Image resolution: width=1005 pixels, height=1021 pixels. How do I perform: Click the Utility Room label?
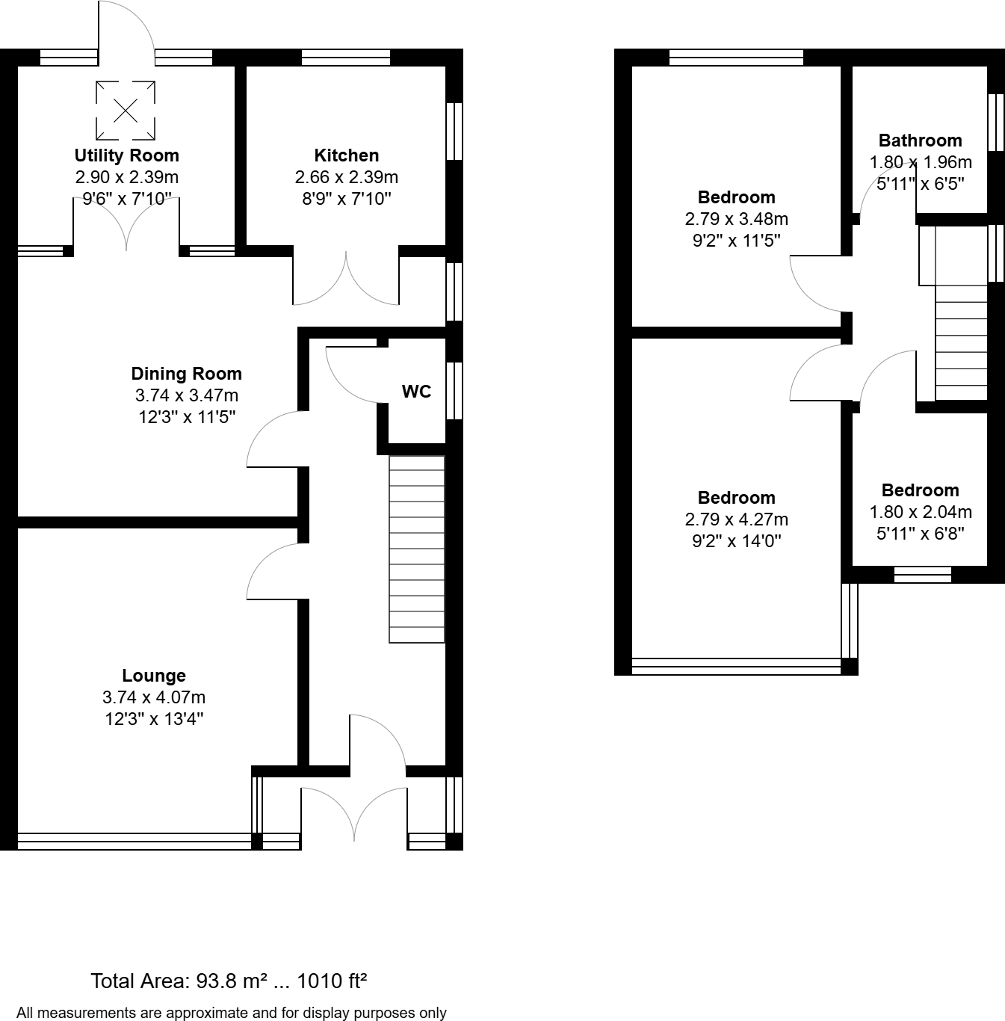click(x=126, y=155)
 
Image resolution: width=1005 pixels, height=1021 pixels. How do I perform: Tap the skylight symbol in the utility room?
click(x=126, y=111)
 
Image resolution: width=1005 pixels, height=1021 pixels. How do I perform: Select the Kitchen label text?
click(x=346, y=155)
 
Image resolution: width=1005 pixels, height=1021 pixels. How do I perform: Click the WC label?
click(x=416, y=392)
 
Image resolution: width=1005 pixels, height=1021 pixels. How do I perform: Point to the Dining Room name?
click(x=186, y=374)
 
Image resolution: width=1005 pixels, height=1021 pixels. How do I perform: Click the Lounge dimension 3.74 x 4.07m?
click(x=154, y=697)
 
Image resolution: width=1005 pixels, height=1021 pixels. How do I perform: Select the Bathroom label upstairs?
click(x=920, y=141)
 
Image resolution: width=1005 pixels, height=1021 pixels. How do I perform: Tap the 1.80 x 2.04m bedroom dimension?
click(x=920, y=512)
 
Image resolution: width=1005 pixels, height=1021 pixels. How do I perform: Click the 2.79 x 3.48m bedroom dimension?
click(x=736, y=219)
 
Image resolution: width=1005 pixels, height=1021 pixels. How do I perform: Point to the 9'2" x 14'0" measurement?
click(x=736, y=540)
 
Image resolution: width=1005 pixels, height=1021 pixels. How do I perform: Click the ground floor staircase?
click(x=417, y=549)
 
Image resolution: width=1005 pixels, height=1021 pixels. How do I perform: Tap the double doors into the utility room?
click(x=126, y=224)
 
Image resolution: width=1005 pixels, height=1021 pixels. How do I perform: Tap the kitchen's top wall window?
click(x=345, y=58)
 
